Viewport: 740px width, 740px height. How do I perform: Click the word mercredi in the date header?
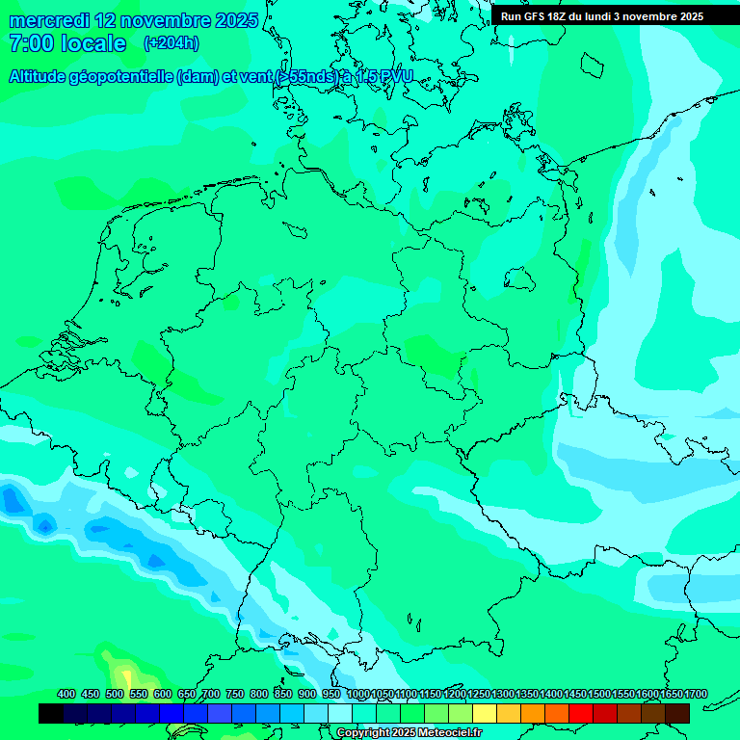pyautogui.click(x=48, y=20)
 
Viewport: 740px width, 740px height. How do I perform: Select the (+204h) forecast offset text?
pyautogui.click(x=171, y=43)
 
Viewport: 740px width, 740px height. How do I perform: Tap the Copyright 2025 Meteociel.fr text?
pyautogui.click(x=409, y=732)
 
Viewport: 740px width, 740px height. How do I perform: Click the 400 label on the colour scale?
pyautogui.click(x=66, y=694)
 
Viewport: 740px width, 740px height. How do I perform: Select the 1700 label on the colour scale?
pyautogui.click(x=696, y=694)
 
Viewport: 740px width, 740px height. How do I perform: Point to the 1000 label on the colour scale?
pyautogui.click(x=358, y=694)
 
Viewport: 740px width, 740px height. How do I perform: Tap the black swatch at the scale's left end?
pyautogui.click(x=51, y=713)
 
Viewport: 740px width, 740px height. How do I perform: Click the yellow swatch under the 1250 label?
pyautogui.click(x=485, y=713)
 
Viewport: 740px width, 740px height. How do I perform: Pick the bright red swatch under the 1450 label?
pyautogui.click(x=581, y=713)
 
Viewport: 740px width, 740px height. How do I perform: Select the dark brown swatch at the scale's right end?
pyautogui.click(x=677, y=713)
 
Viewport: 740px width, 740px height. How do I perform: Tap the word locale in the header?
pyautogui.click(x=93, y=43)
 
